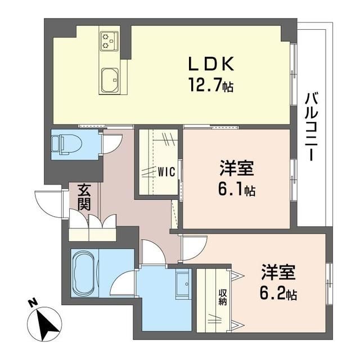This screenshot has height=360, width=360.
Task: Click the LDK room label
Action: pyautogui.click(x=211, y=64)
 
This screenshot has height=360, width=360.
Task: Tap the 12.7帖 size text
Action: pyautogui.click(x=211, y=84)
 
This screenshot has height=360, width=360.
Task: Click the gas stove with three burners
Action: pyautogui.click(x=109, y=40)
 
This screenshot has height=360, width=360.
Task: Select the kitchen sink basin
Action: pyautogui.click(x=110, y=80)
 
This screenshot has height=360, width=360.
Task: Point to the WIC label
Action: pyautogui.click(x=166, y=171)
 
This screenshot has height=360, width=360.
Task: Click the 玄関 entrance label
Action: pyautogui.click(x=84, y=197)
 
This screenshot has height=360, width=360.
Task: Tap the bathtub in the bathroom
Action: pyautogui.click(x=84, y=273)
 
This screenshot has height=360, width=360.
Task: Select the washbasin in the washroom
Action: pyautogui.click(x=183, y=283)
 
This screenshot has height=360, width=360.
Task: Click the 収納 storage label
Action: pyautogui.click(x=223, y=298)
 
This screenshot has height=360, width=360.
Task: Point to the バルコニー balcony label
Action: pyautogui.click(x=311, y=127)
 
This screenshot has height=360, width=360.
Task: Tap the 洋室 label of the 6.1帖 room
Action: pyautogui.click(x=237, y=168)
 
